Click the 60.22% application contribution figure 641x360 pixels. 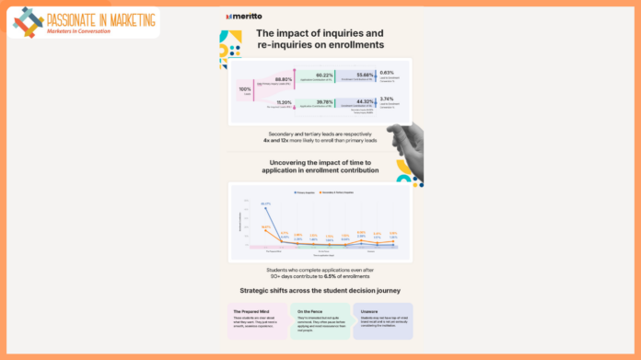click(323, 75)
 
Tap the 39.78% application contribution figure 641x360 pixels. click(323, 102)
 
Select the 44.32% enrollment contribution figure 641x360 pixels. click(363, 102)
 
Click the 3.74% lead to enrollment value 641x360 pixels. click(387, 99)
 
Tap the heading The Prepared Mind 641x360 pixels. click(250, 309)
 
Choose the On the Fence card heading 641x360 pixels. click(309, 309)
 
